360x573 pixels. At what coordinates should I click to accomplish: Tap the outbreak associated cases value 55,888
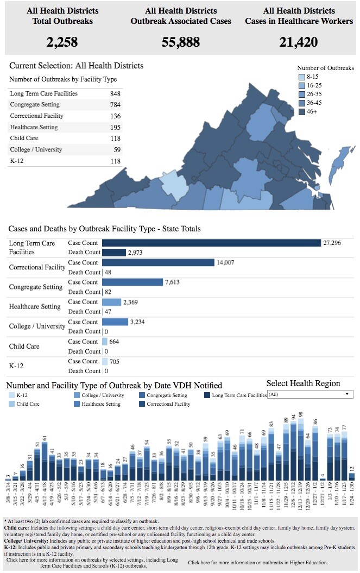click(x=181, y=42)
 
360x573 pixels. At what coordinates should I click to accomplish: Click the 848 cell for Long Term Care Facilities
click(x=115, y=94)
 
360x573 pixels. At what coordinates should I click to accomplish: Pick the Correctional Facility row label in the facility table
click(x=36, y=116)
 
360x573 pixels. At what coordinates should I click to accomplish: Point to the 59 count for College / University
click(x=116, y=150)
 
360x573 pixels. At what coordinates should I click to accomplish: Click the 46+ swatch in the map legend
click(x=302, y=112)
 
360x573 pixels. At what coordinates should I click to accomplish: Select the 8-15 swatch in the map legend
click(x=302, y=77)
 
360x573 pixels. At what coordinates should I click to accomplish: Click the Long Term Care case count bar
click(x=211, y=243)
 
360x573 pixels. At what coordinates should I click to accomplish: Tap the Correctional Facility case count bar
click(x=158, y=262)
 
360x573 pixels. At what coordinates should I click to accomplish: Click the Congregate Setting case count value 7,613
click(x=173, y=282)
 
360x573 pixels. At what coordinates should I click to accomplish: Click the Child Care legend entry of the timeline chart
click(x=27, y=404)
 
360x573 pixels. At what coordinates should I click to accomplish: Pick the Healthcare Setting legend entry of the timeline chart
click(x=100, y=404)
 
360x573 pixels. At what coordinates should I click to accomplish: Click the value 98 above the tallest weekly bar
click(x=300, y=414)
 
